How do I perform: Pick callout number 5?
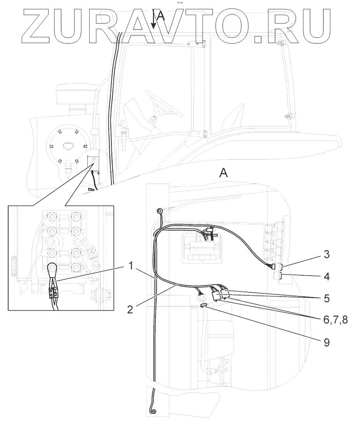(327, 299)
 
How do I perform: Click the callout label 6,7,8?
(334, 320)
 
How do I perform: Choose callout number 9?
(327, 343)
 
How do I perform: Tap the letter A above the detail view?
(223, 173)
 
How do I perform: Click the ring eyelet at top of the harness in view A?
(159, 211)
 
